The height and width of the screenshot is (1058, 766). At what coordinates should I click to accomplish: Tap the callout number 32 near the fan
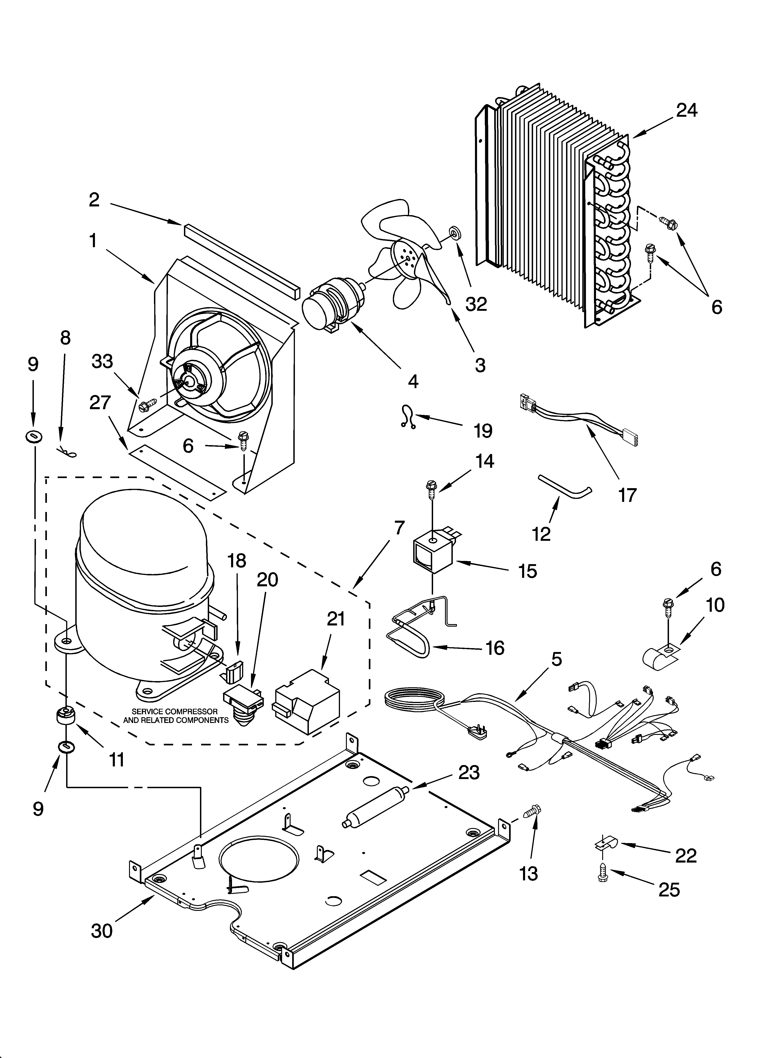pos(476,304)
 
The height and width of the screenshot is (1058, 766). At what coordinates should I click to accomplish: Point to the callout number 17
pos(627,495)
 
